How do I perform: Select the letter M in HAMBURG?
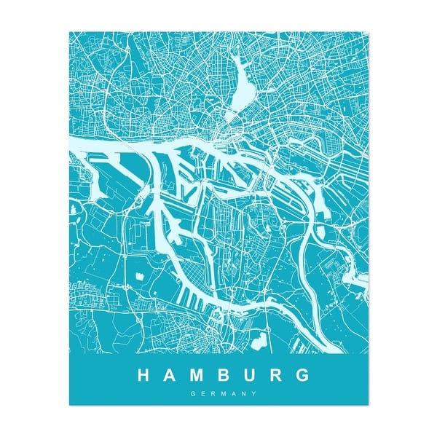[x=199, y=376]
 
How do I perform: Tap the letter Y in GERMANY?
[x=255, y=394]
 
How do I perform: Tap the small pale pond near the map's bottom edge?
[x=257, y=336]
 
